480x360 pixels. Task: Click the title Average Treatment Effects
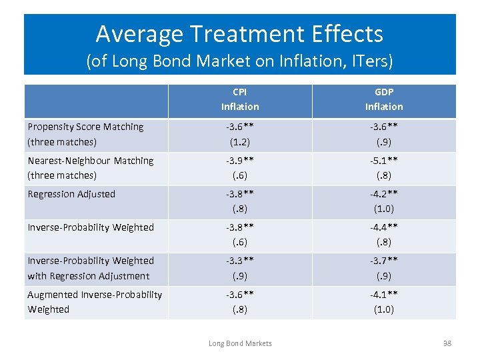coord(239,33)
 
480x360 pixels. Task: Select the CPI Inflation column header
coord(240,99)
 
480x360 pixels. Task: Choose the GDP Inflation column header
coord(384,99)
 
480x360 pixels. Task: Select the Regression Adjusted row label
coord(71,194)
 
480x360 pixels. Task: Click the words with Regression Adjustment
coord(89,276)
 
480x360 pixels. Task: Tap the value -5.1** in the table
coord(384,161)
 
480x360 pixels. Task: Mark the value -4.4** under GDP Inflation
coord(384,227)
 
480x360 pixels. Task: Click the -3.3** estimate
coord(240,261)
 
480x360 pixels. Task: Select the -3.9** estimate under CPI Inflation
coord(240,161)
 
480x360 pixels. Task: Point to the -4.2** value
coord(384,194)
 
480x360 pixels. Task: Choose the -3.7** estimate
coord(384,261)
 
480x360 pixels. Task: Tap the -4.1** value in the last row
coord(384,295)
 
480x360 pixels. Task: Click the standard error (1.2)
coord(240,142)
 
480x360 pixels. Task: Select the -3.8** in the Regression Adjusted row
coord(240,194)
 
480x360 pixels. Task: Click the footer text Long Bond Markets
coord(240,343)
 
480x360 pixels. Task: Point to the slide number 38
coord(447,343)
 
